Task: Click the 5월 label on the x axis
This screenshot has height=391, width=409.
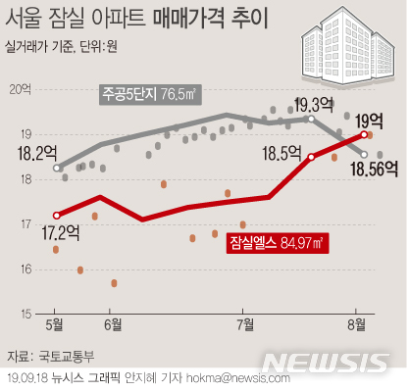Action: tap(56, 322)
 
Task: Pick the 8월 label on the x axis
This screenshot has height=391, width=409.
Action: tap(362, 322)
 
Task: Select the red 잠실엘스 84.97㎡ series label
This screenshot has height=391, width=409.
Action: tap(277, 240)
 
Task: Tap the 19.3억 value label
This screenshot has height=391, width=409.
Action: tap(314, 104)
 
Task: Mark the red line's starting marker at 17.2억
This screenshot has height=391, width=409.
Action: tap(56, 215)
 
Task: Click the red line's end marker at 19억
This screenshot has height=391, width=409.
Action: tap(364, 134)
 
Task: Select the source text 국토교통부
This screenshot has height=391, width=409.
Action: tap(66, 355)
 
